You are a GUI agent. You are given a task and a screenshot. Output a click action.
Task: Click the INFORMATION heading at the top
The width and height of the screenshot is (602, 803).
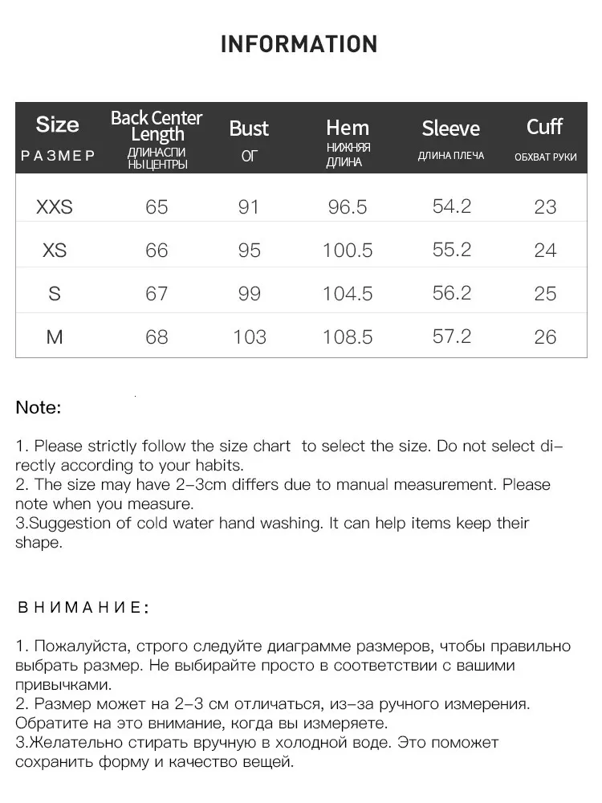pyautogui.click(x=299, y=44)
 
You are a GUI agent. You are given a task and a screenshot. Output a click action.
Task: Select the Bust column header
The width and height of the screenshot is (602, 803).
pyautogui.click(x=249, y=128)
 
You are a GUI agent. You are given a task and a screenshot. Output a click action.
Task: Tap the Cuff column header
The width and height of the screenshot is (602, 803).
pyautogui.click(x=545, y=127)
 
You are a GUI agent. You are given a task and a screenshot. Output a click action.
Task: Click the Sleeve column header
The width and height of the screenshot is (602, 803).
pyautogui.click(x=451, y=128)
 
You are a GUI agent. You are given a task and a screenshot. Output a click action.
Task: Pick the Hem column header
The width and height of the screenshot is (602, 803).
pyautogui.click(x=348, y=128)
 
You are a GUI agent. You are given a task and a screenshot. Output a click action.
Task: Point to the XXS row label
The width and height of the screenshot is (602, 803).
pyautogui.click(x=55, y=207)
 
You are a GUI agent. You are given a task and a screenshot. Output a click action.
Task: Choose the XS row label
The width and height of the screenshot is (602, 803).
pyautogui.click(x=55, y=251)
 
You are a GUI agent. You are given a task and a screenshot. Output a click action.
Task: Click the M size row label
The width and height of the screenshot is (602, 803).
pyautogui.click(x=55, y=337)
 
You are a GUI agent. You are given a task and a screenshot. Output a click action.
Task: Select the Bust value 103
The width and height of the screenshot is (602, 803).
pyautogui.click(x=249, y=337)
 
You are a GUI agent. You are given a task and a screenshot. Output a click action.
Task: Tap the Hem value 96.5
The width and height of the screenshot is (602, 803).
pyautogui.click(x=348, y=207)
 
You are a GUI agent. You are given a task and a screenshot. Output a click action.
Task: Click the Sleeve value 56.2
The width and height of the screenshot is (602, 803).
pyautogui.click(x=452, y=293)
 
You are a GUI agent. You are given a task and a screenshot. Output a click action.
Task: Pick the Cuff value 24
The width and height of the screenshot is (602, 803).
pyautogui.click(x=545, y=251)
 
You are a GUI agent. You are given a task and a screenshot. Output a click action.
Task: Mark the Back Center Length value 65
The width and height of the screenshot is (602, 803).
pyautogui.click(x=157, y=207)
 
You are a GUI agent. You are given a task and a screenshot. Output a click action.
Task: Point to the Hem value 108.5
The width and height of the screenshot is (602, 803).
pyautogui.click(x=348, y=337)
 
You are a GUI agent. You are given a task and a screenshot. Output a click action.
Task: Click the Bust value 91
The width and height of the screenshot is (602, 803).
pyautogui.click(x=249, y=207)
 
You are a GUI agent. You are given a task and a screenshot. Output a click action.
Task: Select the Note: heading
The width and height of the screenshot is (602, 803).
pyautogui.click(x=39, y=408)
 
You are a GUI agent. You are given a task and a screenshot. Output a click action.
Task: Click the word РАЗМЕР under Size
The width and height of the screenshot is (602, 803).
pyautogui.click(x=58, y=156)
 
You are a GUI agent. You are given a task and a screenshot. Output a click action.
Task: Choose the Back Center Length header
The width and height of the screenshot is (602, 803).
pyautogui.click(x=157, y=126)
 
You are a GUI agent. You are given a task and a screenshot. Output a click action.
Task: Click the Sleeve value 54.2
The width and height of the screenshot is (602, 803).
pyautogui.click(x=452, y=206)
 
